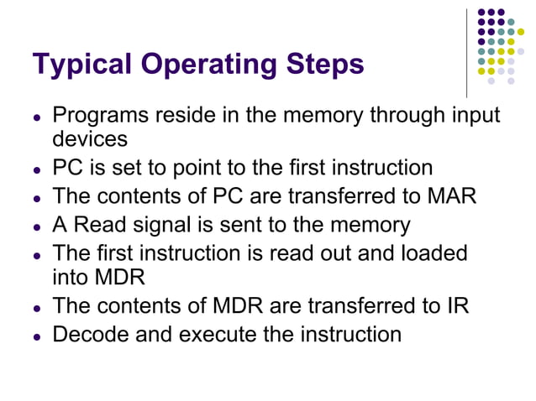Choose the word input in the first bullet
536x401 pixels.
tap(474, 115)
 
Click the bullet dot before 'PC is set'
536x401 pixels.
tap(38, 169)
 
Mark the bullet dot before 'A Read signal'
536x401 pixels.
tap(38, 226)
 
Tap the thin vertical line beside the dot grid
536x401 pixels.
tap(467, 50)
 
